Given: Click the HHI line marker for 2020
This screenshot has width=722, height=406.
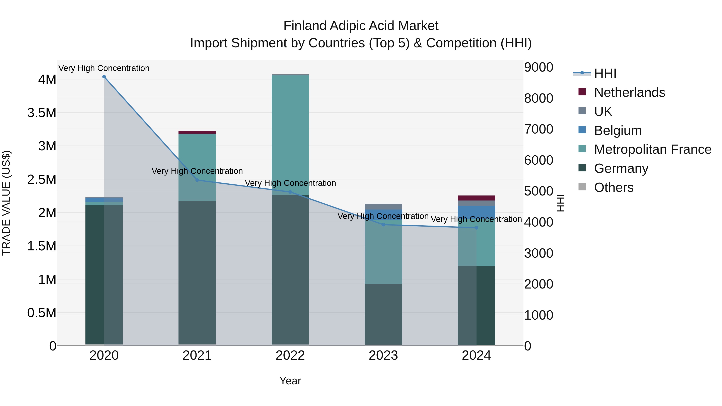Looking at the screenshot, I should [x=104, y=77].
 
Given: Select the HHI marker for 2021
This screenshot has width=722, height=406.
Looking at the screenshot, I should [x=197, y=180].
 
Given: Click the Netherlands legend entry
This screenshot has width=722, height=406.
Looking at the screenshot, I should [x=629, y=92].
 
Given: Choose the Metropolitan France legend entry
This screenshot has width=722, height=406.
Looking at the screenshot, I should [x=652, y=149].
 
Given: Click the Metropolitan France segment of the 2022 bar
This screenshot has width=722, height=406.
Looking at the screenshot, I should [x=290, y=135].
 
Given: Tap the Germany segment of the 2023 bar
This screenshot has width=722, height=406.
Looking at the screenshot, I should [x=383, y=314].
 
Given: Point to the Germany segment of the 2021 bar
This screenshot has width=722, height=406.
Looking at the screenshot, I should [x=197, y=272].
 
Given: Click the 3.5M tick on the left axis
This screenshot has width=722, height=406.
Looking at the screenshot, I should [x=42, y=113].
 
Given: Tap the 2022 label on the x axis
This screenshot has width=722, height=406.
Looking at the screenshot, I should [x=290, y=355].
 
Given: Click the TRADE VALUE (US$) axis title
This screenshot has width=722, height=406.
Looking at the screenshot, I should [x=6, y=203].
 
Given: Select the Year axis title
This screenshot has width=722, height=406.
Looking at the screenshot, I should [x=290, y=381].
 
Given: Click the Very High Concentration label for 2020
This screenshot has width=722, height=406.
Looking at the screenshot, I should [x=104, y=68].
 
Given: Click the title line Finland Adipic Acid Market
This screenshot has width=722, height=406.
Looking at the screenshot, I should [x=361, y=26].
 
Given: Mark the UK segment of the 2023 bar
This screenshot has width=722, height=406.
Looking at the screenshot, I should [x=383, y=207].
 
